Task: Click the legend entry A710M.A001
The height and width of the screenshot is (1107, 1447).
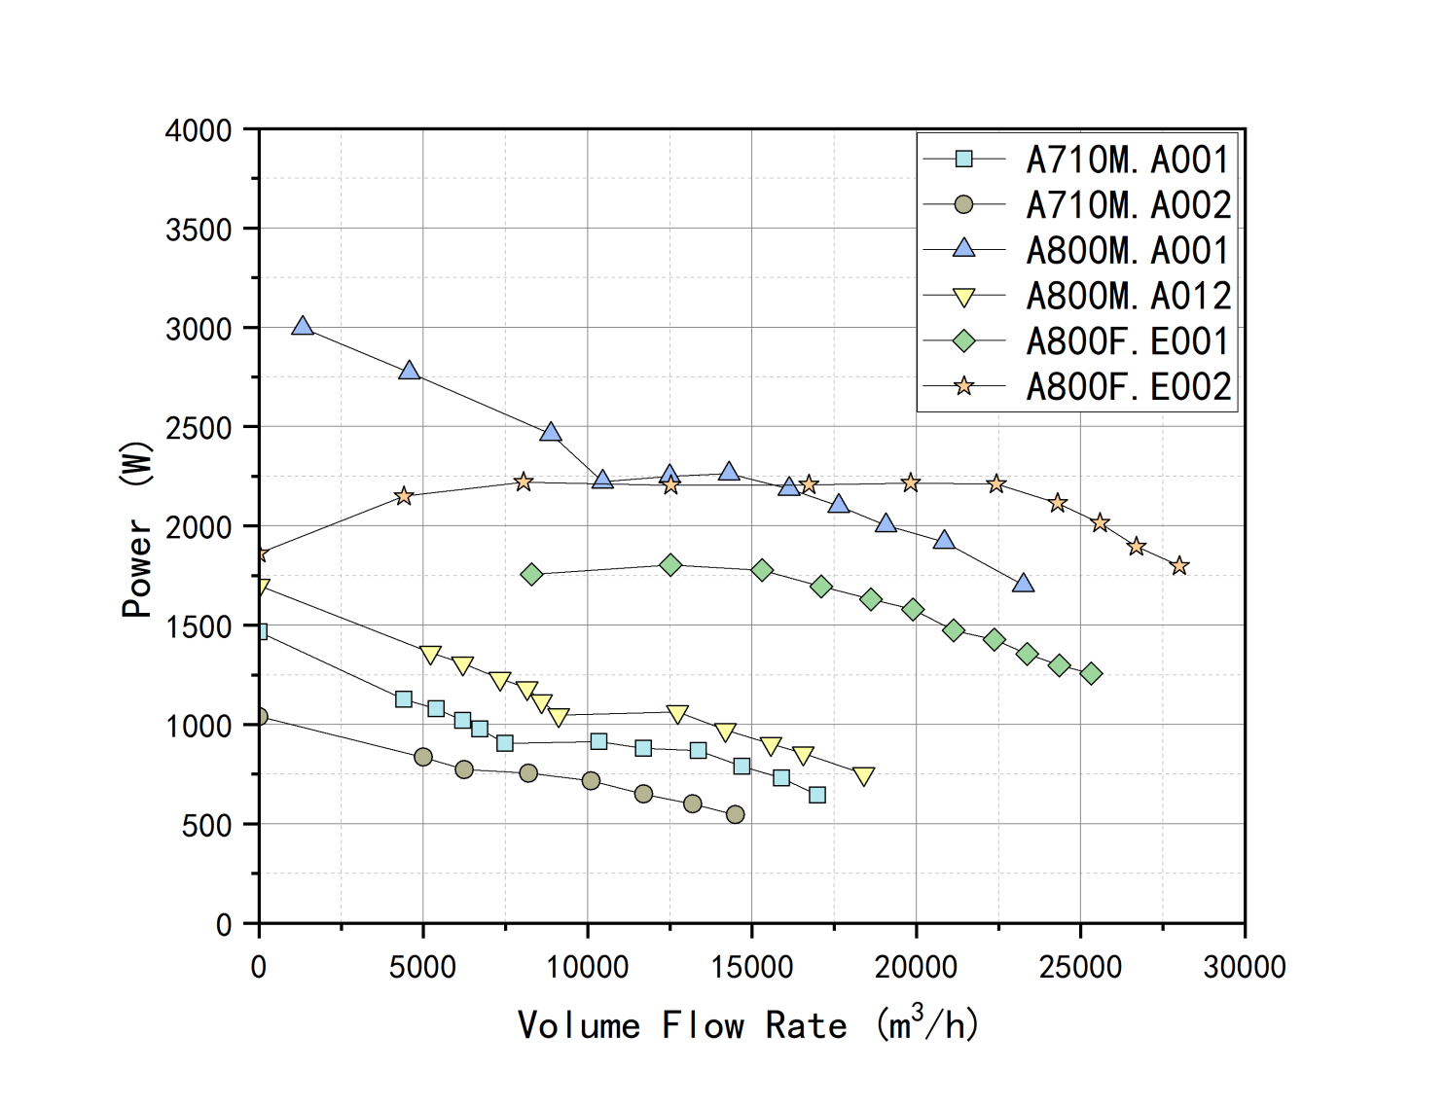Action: pos(1127,160)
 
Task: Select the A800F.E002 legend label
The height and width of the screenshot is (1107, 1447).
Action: pos(1127,387)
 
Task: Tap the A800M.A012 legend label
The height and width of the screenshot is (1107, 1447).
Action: pos(1127,296)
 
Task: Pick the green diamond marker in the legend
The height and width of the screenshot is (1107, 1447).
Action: pos(963,341)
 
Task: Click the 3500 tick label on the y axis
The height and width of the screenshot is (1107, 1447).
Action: pos(199,231)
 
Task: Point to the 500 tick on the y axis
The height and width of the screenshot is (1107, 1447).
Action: pos(206,826)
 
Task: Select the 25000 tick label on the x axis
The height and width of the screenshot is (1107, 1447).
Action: pos(1080,967)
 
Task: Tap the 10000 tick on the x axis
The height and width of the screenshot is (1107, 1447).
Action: pos(587,967)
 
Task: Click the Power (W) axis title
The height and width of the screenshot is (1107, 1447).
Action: pos(137,530)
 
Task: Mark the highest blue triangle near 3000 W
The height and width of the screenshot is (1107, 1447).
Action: pos(303,327)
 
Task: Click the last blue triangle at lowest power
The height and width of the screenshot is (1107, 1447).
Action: pos(1023,584)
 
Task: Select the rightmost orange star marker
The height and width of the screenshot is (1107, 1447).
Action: pos(1179,566)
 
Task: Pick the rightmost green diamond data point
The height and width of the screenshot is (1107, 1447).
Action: pos(1091,674)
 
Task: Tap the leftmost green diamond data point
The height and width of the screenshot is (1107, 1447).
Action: pos(531,575)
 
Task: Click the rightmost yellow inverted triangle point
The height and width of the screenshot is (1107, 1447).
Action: pos(863,775)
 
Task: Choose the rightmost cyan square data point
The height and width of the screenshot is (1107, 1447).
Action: pos(817,795)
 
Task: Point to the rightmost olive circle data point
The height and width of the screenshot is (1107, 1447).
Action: pos(736,814)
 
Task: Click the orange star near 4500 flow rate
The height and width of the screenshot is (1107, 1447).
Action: pos(404,497)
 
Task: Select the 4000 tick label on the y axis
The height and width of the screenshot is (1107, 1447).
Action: pos(199,131)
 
